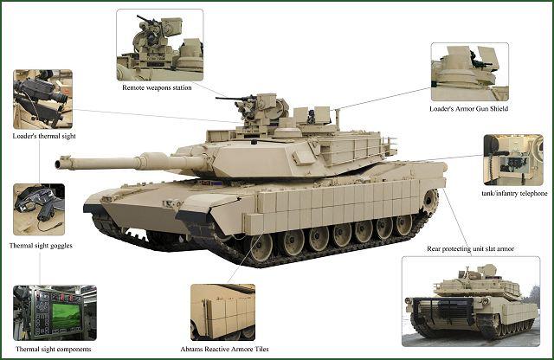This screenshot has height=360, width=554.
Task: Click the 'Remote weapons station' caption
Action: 157,87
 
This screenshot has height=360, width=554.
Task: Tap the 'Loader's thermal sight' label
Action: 44,136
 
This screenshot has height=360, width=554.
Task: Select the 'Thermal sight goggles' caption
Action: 41,246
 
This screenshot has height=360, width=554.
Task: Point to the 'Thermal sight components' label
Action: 54,349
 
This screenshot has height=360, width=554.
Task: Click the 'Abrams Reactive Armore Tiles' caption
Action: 224,349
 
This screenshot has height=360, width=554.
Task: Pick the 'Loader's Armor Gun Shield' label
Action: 469,109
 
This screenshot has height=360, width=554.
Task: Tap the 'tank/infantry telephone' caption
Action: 514,193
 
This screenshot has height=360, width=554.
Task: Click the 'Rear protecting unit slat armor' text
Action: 470,248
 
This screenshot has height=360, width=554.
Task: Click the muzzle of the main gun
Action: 59,164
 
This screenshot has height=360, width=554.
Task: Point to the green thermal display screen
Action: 66,316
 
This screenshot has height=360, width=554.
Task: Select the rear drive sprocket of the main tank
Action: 429,202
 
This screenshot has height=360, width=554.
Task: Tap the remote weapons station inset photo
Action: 160,45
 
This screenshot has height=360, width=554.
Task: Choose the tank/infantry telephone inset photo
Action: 513,160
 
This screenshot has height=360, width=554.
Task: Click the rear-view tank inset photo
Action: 471,301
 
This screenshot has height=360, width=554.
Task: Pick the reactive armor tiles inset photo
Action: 223,312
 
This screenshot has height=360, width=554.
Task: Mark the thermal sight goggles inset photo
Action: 39,209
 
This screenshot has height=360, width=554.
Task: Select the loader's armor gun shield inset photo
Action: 469,72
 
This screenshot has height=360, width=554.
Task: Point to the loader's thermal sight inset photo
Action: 42,100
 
